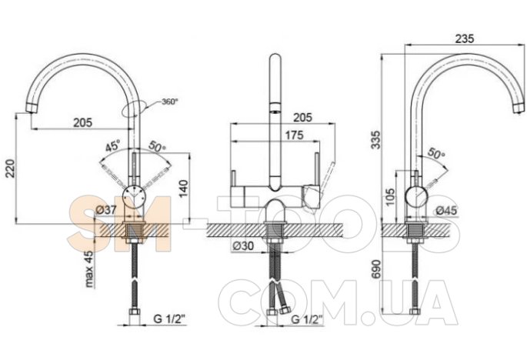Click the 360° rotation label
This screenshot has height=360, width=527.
[x=170, y=102]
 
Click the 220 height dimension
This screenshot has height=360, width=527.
[x=10, y=168]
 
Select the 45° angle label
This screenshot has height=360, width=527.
[x=113, y=147]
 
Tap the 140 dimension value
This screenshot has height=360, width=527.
[x=183, y=189]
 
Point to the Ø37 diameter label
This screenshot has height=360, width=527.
[x=106, y=210]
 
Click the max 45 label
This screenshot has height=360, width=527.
[x=88, y=269]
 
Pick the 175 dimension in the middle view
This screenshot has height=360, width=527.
[x=294, y=135]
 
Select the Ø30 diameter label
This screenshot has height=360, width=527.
[x=243, y=246]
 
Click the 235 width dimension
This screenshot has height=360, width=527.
[x=465, y=38]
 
